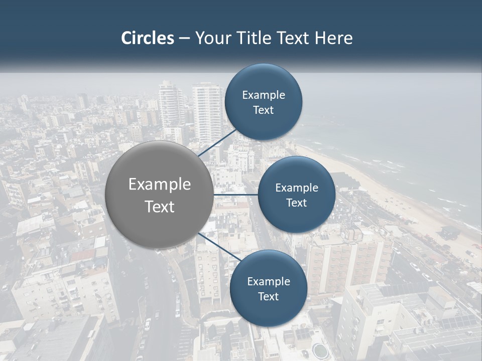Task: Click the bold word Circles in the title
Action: point(147,38)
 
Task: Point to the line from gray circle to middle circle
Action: point(236,195)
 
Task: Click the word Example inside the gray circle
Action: point(160,185)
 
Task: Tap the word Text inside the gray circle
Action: point(160,207)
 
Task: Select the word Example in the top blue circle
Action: point(264,95)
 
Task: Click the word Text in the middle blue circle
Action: point(297,203)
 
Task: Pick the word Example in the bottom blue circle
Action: point(269,282)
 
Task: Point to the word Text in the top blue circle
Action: point(264,110)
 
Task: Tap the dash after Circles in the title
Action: point(184,38)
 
